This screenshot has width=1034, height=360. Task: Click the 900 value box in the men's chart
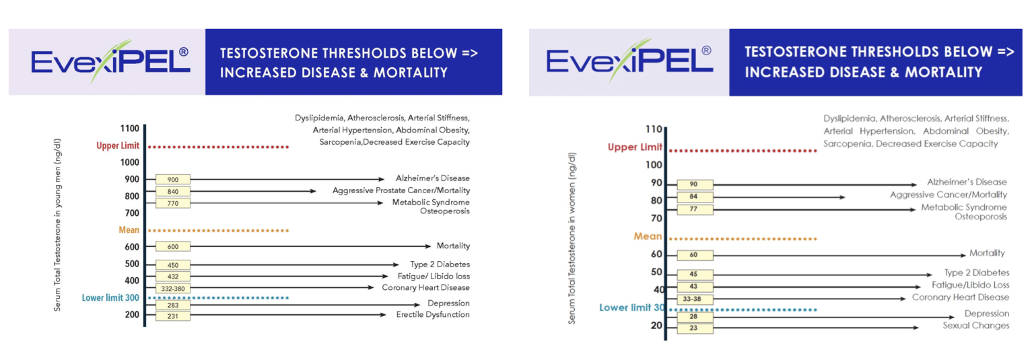173,180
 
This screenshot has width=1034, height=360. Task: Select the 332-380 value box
173,288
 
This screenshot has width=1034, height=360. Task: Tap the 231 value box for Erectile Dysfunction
173,316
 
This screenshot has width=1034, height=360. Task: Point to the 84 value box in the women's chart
695,197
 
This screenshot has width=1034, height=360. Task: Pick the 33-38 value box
695,299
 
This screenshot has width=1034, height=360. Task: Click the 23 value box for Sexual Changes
695,328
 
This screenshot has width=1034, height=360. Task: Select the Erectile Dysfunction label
433,315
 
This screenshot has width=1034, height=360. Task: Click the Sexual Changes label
975,326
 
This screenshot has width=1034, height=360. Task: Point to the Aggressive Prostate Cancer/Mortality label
401,191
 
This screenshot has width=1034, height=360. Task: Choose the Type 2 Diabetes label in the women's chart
977,273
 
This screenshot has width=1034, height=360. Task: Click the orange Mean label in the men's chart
129,230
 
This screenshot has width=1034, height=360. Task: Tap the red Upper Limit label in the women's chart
635,147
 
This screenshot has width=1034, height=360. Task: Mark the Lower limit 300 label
110,298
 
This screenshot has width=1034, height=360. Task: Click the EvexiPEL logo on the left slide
111,62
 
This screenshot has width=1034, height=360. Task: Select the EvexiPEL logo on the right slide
629,62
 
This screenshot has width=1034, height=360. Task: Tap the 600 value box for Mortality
173,247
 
